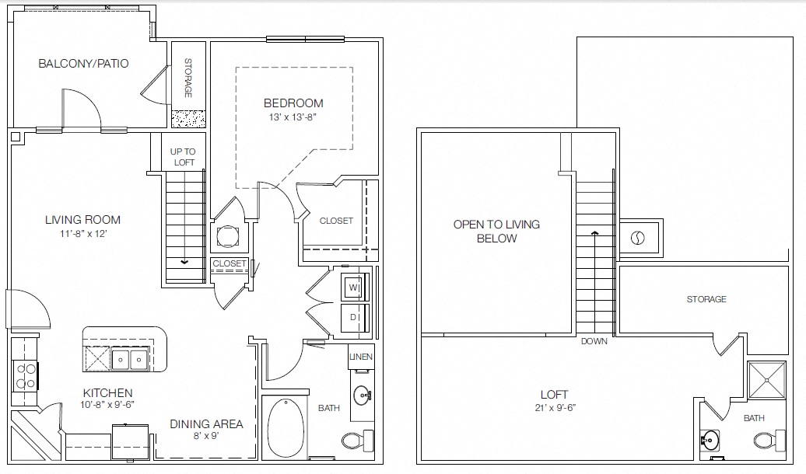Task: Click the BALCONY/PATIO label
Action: [83, 64]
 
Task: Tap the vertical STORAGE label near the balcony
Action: [187, 78]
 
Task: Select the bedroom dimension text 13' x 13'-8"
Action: [293, 117]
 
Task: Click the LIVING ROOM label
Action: [82, 220]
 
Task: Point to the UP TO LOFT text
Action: [184, 157]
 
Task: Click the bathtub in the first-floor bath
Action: [286, 428]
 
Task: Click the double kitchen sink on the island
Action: [130, 359]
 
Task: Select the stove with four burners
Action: [25, 376]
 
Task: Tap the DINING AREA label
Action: [207, 424]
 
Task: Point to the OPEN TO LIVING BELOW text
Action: [496, 232]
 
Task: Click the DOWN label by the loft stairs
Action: [594, 341]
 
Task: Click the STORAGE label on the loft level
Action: [706, 299]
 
